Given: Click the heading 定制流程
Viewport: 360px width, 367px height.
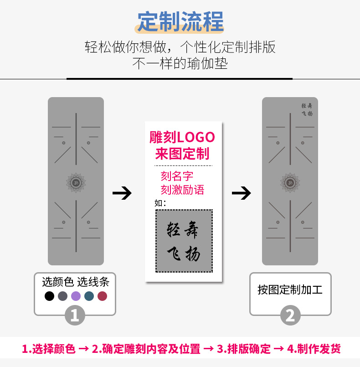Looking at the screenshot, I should click(180, 21).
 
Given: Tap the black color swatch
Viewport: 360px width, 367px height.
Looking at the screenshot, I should click(50, 296).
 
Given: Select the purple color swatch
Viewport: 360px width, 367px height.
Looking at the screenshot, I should click(76, 296).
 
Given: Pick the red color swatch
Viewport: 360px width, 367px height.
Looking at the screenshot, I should click(103, 296).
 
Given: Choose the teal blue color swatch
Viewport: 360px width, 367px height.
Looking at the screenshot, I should click(89, 296).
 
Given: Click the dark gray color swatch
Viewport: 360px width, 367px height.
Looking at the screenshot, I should click(62, 296).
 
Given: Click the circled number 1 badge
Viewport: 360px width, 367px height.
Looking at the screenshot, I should click(75, 315).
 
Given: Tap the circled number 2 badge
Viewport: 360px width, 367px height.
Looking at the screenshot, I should click(290, 315).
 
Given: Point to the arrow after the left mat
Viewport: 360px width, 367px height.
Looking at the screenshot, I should click(122, 193).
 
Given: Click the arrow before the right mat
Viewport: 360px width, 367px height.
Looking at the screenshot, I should click(242, 193).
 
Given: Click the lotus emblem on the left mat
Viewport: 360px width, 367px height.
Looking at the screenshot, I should click(76, 182).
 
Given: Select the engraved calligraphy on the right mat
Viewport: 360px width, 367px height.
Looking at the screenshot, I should click(307, 109).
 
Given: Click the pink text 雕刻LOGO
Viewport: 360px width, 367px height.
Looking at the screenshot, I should click(182, 137).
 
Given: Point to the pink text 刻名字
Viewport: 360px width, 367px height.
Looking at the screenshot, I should click(177, 176).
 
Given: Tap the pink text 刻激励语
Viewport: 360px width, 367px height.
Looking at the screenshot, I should click(182, 189).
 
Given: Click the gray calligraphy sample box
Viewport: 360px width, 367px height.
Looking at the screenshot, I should click(184, 241).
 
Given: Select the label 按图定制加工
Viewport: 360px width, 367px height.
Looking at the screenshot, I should click(290, 289).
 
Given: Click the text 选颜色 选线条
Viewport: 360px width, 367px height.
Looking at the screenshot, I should click(76, 282).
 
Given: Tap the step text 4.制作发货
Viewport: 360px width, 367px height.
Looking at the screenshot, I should click(314, 349).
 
